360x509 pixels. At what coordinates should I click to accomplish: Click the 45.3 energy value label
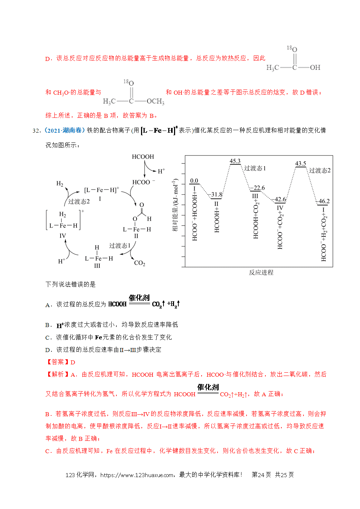coord(235,161)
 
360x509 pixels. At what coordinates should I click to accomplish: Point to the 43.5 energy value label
coord(301,164)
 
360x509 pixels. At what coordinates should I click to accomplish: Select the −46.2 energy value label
coord(323,201)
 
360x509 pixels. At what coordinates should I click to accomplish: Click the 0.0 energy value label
coord(194,181)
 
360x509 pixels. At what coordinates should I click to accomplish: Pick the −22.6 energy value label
coord(258,188)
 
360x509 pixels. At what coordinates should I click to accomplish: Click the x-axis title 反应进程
coord(261,273)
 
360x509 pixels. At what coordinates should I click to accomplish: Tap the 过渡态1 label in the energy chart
coord(255,168)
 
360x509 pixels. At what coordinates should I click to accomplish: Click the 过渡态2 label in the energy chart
coord(320,170)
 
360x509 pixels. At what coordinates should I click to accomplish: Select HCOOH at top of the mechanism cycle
coord(143,157)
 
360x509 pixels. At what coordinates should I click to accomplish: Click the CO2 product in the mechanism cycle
coord(140,263)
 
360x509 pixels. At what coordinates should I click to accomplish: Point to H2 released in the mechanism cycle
coord(60,183)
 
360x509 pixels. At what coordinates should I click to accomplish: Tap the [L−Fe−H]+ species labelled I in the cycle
coord(102,190)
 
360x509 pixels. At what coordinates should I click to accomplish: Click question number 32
coord(37,131)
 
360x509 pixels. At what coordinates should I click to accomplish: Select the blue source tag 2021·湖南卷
coord(64,131)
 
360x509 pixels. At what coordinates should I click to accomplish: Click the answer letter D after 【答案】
coord(73,363)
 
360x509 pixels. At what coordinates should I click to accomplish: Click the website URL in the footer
coord(137,475)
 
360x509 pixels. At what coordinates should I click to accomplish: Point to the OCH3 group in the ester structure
coord(156,102)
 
